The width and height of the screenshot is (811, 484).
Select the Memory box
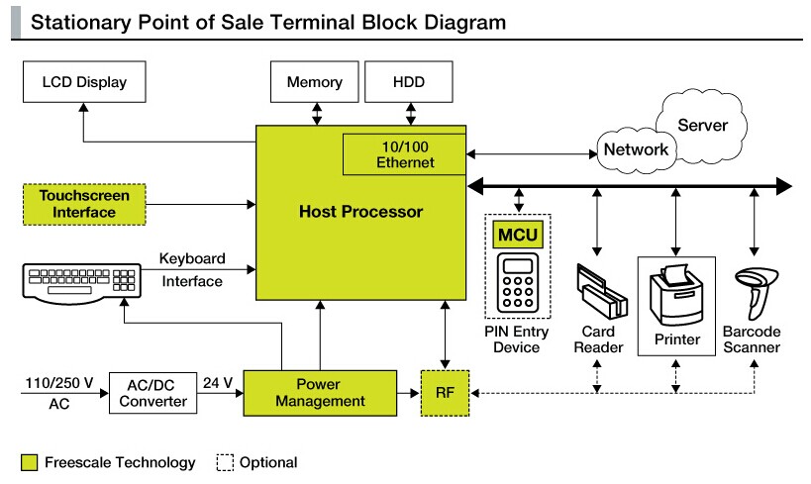314,82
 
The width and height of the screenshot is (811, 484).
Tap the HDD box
409,82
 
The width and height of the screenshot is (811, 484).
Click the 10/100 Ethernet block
404,154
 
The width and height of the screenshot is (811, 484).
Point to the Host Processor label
360,211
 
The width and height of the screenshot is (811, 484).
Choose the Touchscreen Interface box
83,204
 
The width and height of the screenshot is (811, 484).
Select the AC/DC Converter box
152,392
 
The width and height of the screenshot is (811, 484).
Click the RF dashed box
445,392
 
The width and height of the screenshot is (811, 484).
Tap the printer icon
676,293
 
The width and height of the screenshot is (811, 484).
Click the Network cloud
636,149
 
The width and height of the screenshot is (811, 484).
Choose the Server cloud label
702,126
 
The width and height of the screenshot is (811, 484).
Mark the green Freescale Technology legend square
29,462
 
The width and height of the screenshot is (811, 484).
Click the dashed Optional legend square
224,462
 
